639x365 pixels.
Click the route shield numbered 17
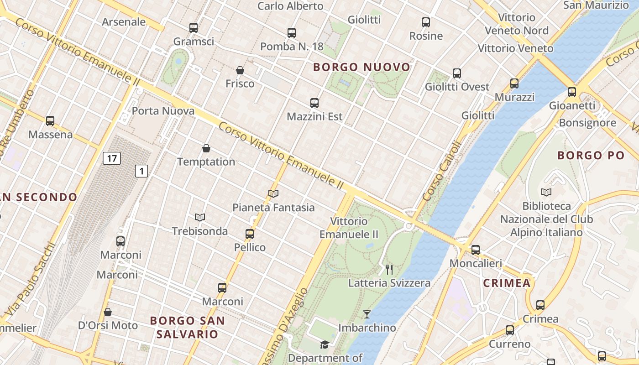click(112, 159)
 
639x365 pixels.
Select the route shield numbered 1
click(142, 171)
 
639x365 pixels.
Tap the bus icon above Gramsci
click(194, 28)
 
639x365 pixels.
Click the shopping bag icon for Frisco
click(240, 70)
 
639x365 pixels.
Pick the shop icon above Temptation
click(206, 148)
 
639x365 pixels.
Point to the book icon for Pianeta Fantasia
click(273, 194)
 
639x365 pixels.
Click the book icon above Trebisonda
click(199, 218)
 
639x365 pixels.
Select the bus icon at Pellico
click(250, 234)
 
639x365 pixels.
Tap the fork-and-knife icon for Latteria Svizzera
click(389, 270)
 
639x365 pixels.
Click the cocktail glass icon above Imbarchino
click(367, 314)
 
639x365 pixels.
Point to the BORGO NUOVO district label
click(361, 68)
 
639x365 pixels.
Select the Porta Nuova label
click(163, 111)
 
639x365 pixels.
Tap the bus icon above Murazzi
click(514, 83)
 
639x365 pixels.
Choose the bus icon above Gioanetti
click(572, 92)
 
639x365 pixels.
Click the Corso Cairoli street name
click(442, 171)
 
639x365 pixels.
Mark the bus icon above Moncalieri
click(476, 250)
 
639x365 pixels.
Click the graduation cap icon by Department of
click(325, 345)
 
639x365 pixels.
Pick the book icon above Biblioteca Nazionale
click(546, 192)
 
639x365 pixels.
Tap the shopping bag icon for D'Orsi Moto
click(108, 312)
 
